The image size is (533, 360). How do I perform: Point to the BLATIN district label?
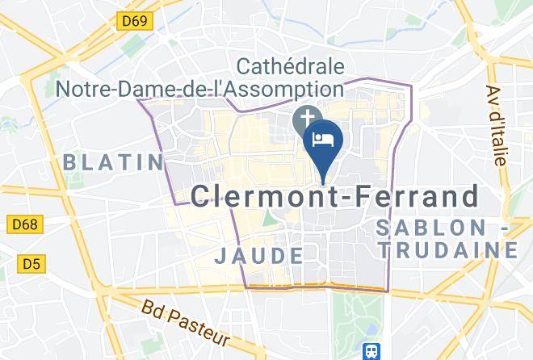point(113,162)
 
